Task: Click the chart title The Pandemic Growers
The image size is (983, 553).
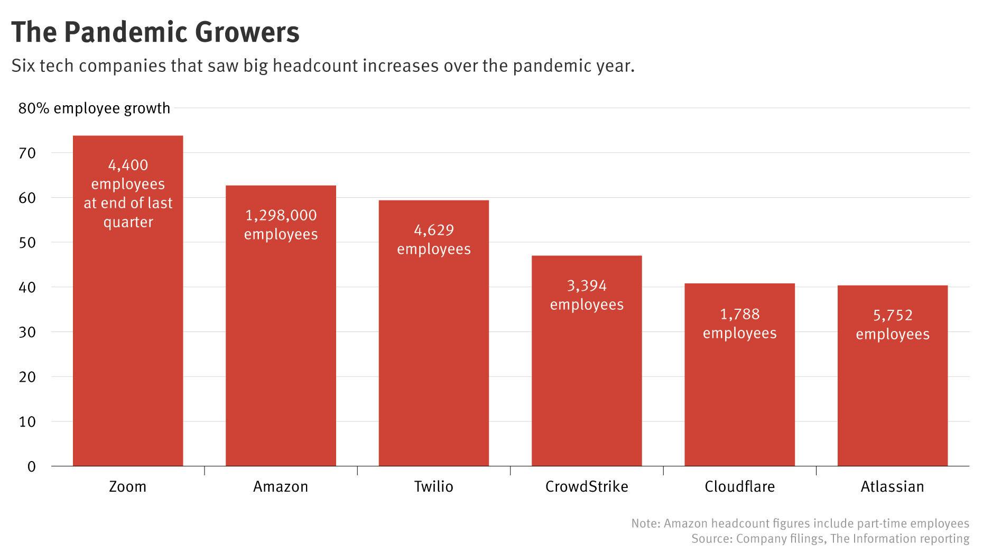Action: click(155, 32)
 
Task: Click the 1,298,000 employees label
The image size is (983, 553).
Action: click(281, 225)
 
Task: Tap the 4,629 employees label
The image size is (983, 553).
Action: click(434, 239)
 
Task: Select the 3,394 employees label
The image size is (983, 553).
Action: click(587, 295)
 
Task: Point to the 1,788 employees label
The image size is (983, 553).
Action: click(739, 324)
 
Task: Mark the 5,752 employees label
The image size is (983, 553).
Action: click(893, 325)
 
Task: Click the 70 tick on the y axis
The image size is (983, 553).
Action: click(27, 153)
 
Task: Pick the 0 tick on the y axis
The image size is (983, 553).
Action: click(32, 466)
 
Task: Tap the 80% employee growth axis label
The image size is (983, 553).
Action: click(94, 108)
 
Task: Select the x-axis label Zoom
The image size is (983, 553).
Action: click(127, 486)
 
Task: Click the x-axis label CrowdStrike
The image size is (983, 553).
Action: click(587, 486)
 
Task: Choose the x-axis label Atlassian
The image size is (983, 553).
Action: click(892, 486)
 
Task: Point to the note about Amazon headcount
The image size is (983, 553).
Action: click(800, 523)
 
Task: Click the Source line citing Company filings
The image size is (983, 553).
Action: click(830, 539)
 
